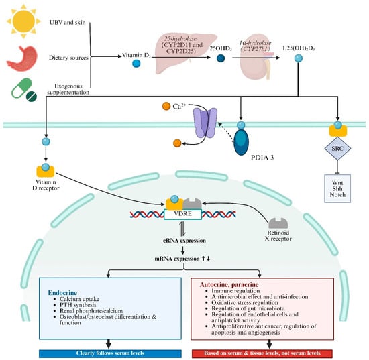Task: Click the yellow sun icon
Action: [23, 21]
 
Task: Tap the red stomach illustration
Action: [22, 58]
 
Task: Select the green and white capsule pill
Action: [21, 88]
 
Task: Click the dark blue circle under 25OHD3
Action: [221, 58]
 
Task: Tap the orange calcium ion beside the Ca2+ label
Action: [166, 106]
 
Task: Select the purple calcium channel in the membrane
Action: [205, 123]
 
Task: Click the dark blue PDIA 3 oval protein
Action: [242, 142]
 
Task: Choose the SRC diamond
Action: [337, 148]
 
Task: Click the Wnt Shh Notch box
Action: [337, 188]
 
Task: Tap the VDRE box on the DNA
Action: [183, 214]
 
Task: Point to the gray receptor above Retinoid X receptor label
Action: [278, 223]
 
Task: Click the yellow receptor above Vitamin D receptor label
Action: [46, 171]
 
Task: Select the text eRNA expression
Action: [184, 241]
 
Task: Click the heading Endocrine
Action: [62, 293]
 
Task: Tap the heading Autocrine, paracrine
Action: [229, 284]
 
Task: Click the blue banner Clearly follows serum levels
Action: [110, 353]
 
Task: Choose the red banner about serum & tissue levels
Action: [262, 353]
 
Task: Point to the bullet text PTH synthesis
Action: [78, 305]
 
